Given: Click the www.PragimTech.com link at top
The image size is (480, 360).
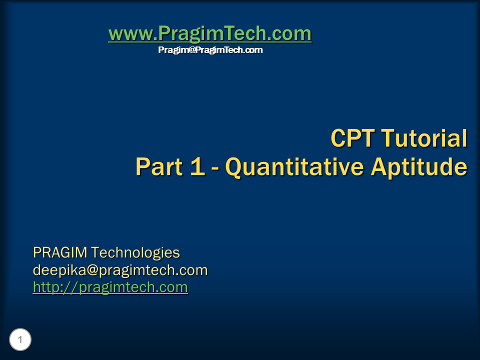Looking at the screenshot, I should pyautogui.click(x=209, y=34).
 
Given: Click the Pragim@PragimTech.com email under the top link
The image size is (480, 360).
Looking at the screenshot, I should pyautogui.click(x=210, y=50).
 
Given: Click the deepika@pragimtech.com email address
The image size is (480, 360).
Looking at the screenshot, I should pyautogui.click(x=120, y=270).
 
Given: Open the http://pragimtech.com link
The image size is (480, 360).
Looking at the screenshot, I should pyautogui.click(x=110, y=287).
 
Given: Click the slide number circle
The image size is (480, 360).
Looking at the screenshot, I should pyautogui.click(x=20, y=340).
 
